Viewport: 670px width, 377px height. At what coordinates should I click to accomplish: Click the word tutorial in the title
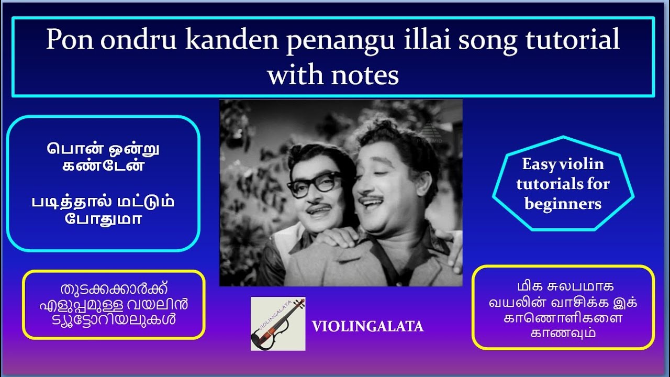(x=565, y=40)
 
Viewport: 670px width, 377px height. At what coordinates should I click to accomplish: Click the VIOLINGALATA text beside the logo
(x=367, y=327)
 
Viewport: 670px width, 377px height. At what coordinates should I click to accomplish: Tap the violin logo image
(x=278, y=324)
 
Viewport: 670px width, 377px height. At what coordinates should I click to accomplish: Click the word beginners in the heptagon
(x=563, y=204)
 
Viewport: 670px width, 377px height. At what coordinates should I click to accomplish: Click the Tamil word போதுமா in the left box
(x=103, y=218)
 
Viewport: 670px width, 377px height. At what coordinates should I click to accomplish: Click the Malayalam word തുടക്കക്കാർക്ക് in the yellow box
(x=114, y=290)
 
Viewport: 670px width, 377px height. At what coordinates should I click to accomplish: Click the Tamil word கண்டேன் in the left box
(x=103, y=168)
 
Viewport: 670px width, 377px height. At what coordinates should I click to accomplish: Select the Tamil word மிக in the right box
(x=527, y=287)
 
